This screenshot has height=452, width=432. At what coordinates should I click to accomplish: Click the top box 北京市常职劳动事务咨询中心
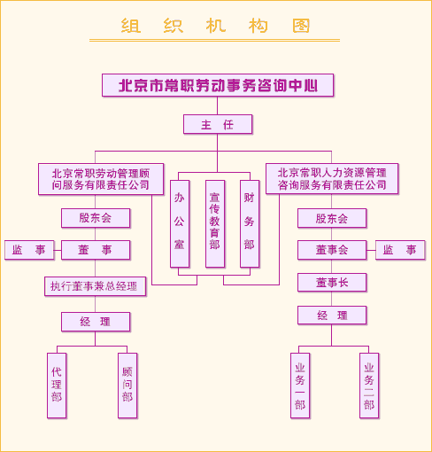(218, 85)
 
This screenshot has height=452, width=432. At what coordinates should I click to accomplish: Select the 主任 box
(218, 124)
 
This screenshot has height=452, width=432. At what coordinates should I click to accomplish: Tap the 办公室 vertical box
(180, 224)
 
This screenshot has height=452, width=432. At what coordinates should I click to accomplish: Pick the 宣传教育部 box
(215, 224)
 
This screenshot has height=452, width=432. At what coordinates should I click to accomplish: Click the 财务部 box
(250, 224)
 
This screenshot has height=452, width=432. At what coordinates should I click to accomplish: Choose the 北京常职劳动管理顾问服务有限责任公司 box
(101, 179)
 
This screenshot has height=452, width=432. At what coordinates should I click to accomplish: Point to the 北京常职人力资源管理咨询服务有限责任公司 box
(332, 179)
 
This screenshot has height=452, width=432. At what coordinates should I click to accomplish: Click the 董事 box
(96, 250)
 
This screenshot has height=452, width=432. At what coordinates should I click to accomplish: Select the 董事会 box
(332, 250)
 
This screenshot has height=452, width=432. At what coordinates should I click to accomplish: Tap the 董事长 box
(332, 283)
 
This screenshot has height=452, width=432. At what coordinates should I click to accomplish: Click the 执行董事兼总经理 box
(96, 286)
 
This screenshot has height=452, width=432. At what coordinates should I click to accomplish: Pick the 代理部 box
(57, 386)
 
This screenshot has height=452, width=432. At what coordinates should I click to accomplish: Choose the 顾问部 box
(127, 386)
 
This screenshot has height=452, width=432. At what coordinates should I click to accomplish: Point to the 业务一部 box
(300, 386)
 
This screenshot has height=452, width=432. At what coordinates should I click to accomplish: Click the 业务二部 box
(369, 386)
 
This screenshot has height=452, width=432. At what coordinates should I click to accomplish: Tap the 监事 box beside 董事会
(400, 250)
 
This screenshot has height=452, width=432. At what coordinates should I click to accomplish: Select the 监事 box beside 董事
(29, 250)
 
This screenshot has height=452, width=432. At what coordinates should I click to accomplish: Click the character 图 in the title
(301, 26)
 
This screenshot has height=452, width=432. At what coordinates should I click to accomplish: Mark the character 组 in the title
(130, 26)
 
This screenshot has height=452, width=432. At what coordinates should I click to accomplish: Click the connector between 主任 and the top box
(218, 105)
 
